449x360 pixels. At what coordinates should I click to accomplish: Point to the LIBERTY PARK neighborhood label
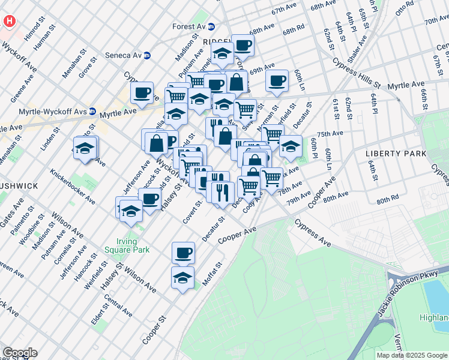coord(396,154)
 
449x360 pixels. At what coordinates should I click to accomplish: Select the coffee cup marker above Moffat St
coord(183,253)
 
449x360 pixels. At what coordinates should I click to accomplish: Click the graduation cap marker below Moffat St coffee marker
coord(183,278)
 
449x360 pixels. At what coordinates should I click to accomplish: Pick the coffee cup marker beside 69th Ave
coord(277,80)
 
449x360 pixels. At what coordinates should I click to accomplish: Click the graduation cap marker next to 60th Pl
coord(291,146)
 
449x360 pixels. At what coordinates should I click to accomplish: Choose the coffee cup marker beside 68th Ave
coord(243,45)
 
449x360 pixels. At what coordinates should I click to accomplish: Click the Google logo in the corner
coord(20,353)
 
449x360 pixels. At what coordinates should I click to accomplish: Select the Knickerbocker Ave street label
coord(73,191)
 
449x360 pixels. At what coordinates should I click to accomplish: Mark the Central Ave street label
coord(118,305)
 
